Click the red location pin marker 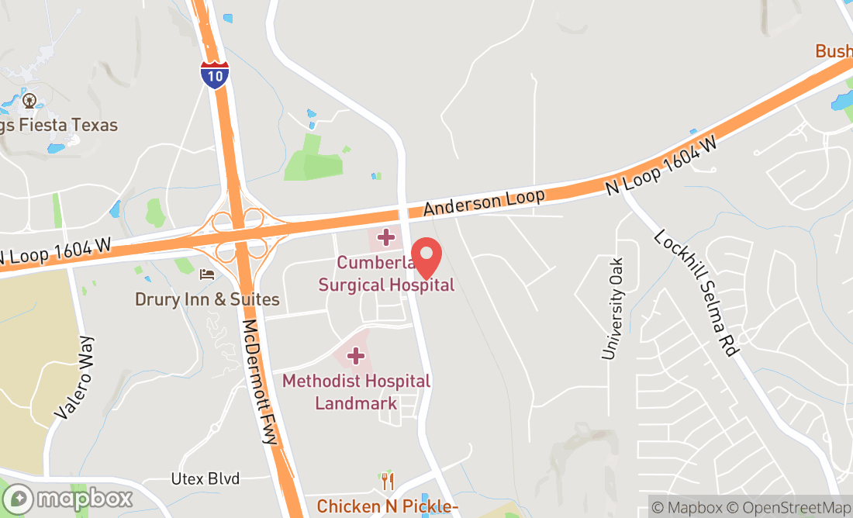426,258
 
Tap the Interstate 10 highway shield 214,75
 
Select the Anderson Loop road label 484,202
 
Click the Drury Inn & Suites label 207,299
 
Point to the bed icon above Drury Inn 206,274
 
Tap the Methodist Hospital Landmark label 356,392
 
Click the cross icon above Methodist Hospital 356,356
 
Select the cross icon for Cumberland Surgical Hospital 385,237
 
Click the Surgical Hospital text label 386,285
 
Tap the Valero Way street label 75,378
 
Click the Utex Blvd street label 205,478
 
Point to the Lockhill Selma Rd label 695,293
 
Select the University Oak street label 613,309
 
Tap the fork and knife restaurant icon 388,481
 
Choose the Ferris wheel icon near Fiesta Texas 30,100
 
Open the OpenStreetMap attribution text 796,508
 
